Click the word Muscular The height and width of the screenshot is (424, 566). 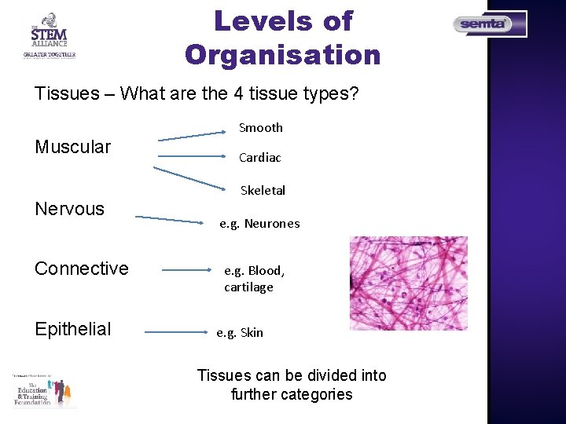(73, 147)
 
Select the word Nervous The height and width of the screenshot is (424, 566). (70, 209)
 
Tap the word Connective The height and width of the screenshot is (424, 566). (82, 269)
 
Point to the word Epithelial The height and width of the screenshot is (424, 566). (73, 329)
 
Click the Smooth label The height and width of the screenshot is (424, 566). (261, 128)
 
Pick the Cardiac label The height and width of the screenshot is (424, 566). (260, 158)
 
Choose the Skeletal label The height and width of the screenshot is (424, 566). (263, 191)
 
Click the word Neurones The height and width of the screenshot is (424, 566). (272, 224)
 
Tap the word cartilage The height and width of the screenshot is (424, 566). (248, 287)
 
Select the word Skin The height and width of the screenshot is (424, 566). (252, 333)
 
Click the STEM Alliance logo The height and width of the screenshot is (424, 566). (49, 35)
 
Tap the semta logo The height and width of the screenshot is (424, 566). (490, 24)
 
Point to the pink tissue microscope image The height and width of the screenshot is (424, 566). (408, 283)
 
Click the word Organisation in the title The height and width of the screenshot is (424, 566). (283, 55)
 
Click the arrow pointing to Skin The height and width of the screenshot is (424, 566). (175, 333)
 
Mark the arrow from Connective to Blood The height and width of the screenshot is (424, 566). (189, 270)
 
